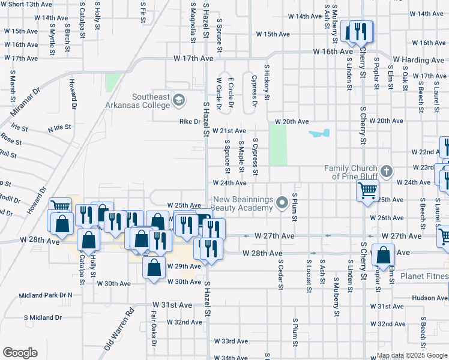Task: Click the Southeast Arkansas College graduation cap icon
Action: [178, 100]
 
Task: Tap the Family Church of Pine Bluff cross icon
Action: [385, 172]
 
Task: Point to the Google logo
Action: [20, 352]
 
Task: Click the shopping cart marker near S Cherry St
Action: [367, 191]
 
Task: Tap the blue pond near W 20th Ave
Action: [319, 133]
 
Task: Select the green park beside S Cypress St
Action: [278, 145]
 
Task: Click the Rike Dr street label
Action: [190, 121]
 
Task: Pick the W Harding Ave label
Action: [418, 61]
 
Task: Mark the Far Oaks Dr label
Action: [154, 328]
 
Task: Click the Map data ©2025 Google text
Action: [411, 355]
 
